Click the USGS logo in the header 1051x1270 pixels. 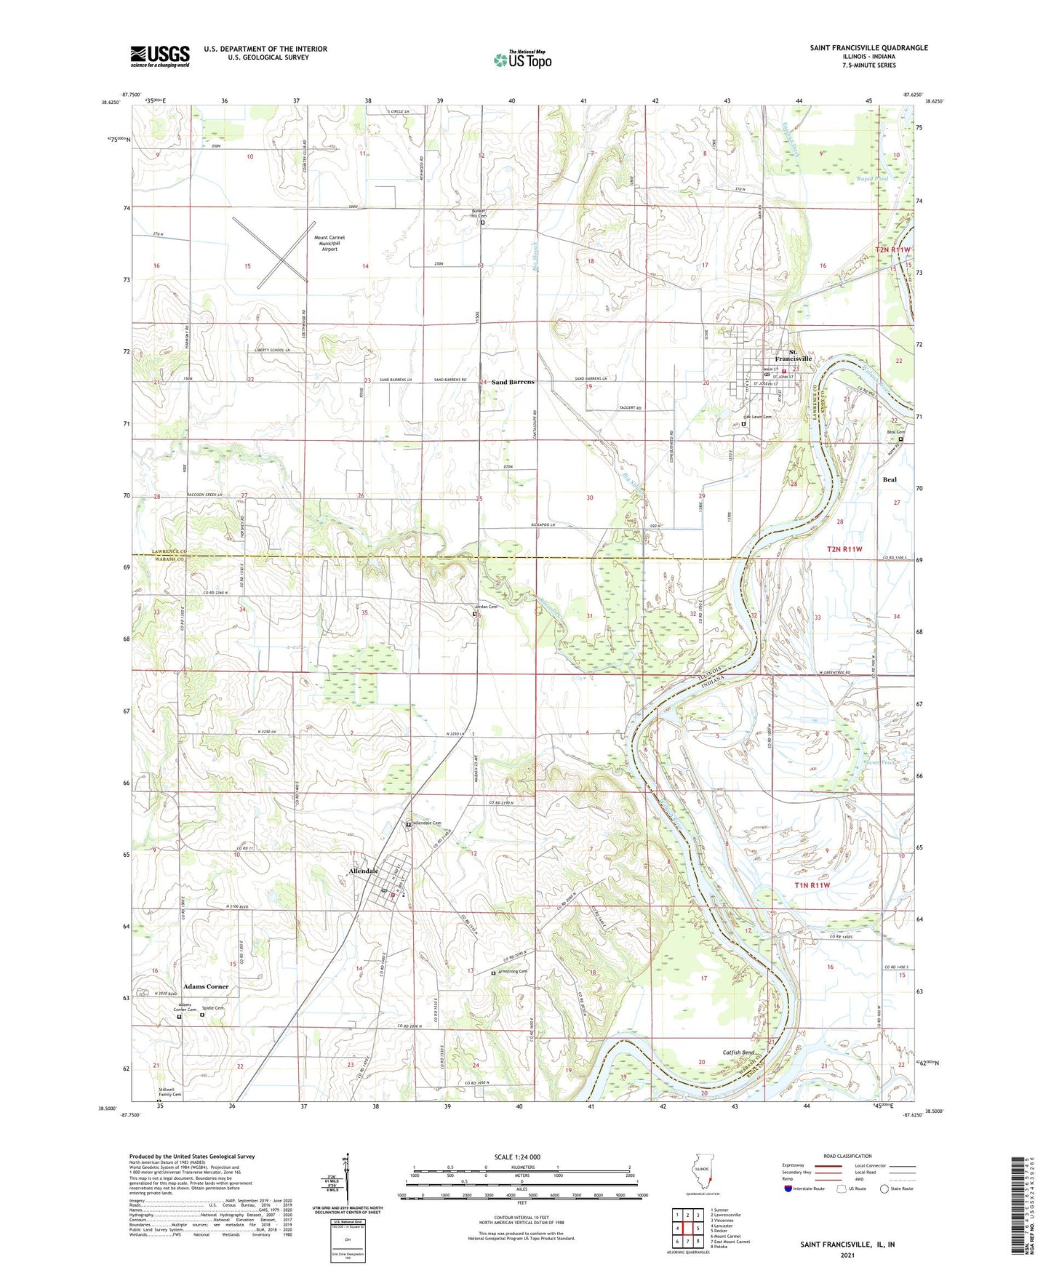(160, 55)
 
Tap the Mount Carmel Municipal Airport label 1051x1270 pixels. (329, 243)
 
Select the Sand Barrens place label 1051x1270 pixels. (513, 382)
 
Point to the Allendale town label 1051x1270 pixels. (364, 871)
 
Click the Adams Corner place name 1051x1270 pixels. (206, 986)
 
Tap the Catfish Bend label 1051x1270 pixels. (738, 1053)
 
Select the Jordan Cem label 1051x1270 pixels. (487, 607)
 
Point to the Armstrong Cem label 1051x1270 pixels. (513, 971)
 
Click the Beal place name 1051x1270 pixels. (890, 479)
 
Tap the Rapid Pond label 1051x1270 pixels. (872, 178)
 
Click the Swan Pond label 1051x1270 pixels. (879, 762)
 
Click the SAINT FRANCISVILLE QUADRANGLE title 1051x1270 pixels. (868, 48)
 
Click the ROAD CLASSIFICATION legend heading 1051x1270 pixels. (847, 1156)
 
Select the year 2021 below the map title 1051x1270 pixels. (847, 1255)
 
